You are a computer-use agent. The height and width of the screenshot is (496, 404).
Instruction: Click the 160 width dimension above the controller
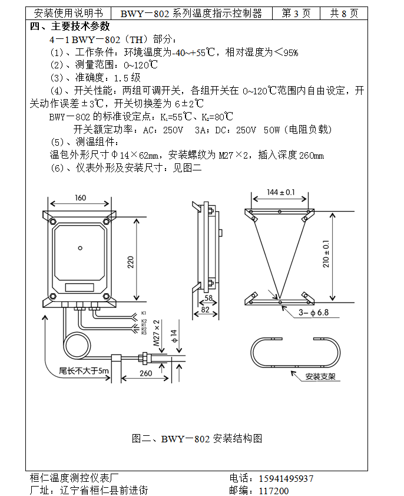click(x=81, y=198)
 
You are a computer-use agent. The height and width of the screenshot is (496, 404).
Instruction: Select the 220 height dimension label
click(x=131, y=261)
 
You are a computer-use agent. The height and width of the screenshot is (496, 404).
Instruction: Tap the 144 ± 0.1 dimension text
click(x=280, y=192)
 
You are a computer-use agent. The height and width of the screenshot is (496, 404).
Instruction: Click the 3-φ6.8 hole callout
click(x=313, y=312)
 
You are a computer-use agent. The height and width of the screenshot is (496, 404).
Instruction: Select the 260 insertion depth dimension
click(x=147, y=373)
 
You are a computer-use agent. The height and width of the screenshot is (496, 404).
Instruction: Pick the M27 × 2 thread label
click(x=157, y=333)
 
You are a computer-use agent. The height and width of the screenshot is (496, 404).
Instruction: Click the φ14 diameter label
click(x=174, y=337)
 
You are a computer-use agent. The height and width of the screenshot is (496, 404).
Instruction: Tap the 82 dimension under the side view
click(x=206, y=310)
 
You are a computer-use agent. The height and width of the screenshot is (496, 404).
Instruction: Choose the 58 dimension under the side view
click(x=208, y=298)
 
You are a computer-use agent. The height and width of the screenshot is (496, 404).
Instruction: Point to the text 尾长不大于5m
click(x=84, y=372)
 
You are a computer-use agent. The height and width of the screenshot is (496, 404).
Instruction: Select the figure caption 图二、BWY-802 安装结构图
click(x=197, y=438)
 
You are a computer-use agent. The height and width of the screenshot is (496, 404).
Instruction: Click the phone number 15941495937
click(x=284, y=478)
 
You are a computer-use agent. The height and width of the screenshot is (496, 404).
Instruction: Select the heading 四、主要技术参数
click(x=70, y=26)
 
